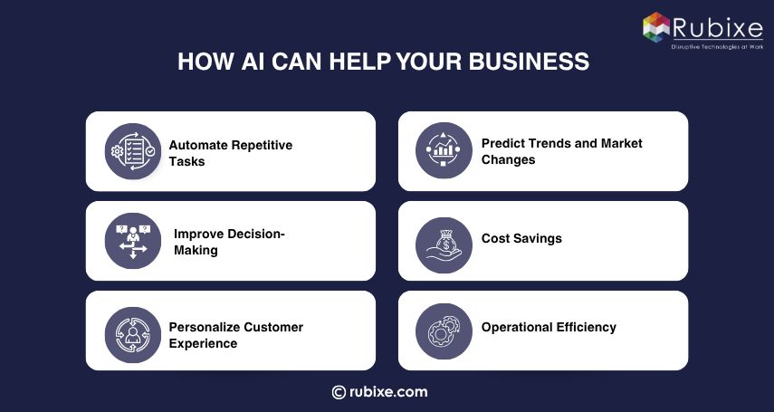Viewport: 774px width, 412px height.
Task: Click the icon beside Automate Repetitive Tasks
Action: click(x=132, y=151)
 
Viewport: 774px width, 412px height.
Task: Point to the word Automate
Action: click(x=198, y=145)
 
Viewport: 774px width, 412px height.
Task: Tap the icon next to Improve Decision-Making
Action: click(x=132, y=241)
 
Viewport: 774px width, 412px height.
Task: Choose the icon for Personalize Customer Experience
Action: click(x=132, y=334)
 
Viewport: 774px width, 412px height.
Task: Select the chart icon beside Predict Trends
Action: click(x=444, y=151)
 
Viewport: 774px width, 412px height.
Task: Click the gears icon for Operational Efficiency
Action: click(x=444, y=331)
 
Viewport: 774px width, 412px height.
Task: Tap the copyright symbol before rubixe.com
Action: click(x=339, y=392)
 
